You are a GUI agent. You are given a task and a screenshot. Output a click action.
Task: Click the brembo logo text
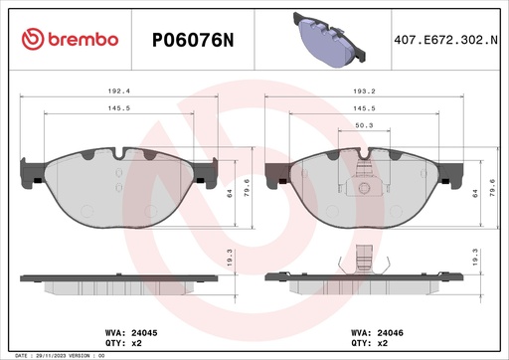click(70, 39)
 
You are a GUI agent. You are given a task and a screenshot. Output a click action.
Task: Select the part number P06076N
click(191, 39)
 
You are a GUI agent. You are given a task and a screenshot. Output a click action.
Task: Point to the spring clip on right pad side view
click(363, 264)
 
